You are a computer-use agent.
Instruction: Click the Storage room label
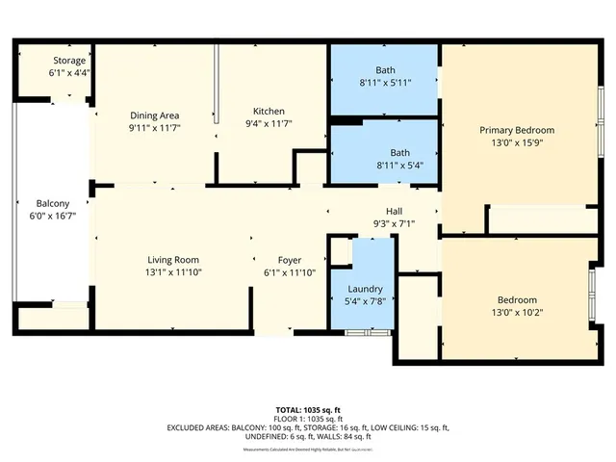pyautogui.click(x=69, y=61)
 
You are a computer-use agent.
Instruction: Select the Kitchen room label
pyautogui.click(x=268, y=112)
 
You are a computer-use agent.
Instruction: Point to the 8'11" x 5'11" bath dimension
pyautogui.click(x=385, y=82)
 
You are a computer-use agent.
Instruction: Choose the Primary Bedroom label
pyautogui.click(x=517, y=130)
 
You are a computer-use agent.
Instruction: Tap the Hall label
pyautogui.click(x=395, y=212)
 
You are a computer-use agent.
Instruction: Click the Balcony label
pyautogui.click(x=52, y=203)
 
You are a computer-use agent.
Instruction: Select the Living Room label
pyautogui.click(x=173, y=260)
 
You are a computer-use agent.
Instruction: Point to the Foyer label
pyautogui.click(x=290, y=260)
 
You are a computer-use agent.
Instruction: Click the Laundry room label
pyautogui.click(x=364, y=289)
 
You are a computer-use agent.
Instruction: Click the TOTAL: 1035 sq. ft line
pyautogui.click(x=307, y=409)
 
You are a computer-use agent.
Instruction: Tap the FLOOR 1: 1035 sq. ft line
pyautogui.click(x=307, y=419)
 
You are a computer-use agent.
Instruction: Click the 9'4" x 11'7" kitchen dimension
pyautogui.click(x=268, y=124)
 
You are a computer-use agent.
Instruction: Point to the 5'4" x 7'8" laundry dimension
pyautogui.click(x=364, y=301)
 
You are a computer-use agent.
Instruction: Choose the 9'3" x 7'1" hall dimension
pyautogui.click(x=395, y=224)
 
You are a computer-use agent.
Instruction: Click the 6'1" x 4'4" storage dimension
pyautogui.click(x=69, y=72)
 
